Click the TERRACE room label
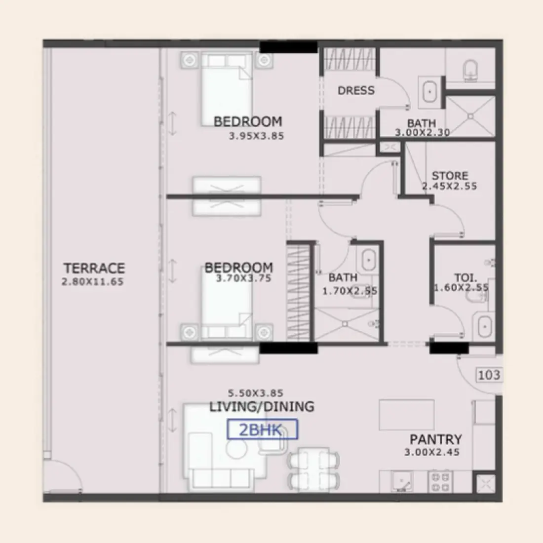coord(94,269)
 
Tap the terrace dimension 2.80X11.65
coord(92,282)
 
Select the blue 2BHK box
coord(262,429)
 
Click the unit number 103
coord(489,375)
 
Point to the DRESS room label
coord(356,90)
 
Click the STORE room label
coord(450,176)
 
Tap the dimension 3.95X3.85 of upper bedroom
coord(256,136)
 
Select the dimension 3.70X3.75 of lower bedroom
coord(244,278)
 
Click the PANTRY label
coord(436,439)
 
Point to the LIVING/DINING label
coord(262,407)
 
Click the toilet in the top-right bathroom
coord(471,70)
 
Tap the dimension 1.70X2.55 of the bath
coord(349,291)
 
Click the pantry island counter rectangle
coord(407,415)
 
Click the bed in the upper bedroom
coord(227,91)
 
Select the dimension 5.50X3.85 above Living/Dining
coord(255,393)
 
